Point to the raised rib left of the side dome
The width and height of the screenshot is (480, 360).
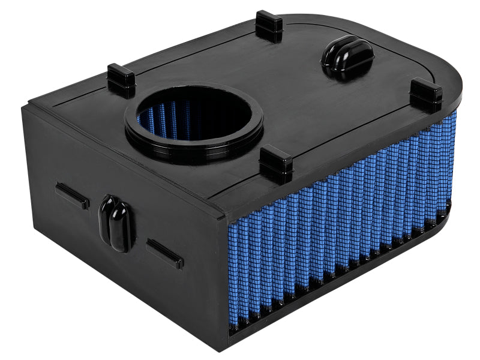pos(73,196)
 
